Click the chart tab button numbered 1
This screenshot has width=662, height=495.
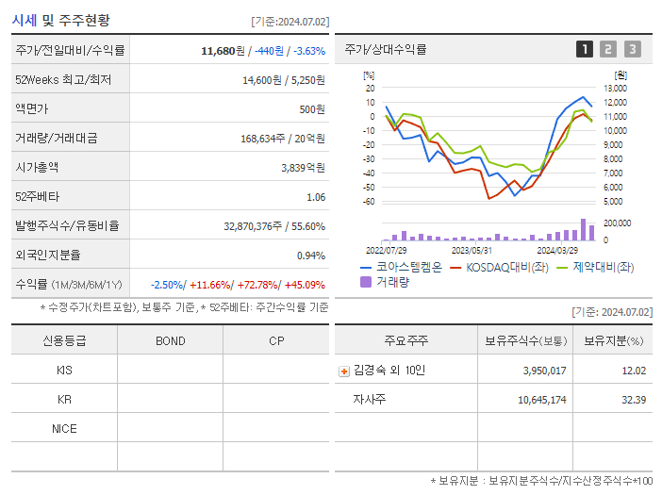tap(585, 50)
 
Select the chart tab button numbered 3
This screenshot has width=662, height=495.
tap(632, 50)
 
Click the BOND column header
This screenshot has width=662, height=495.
tap(170, 341)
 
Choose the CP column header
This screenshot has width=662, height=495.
tap(276, 341)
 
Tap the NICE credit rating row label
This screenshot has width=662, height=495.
tap(64, 428)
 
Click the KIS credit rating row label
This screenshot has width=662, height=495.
tap(64, 371)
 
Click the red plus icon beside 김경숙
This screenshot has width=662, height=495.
tap(343, 371)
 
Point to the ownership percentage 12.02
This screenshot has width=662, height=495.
tap(634, 371)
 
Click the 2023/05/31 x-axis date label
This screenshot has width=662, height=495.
tap(472, 250)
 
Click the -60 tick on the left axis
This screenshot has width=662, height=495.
tap(369, 202)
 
